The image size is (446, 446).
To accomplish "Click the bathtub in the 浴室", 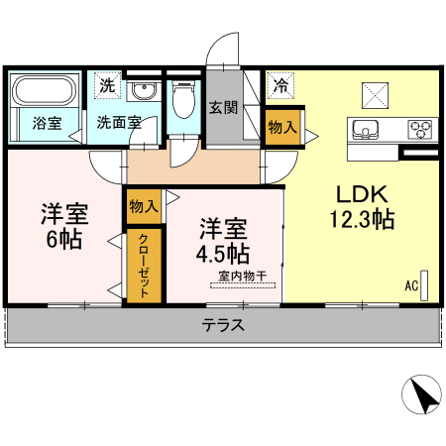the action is [46, 90].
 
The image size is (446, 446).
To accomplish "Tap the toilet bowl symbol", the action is [183, 99].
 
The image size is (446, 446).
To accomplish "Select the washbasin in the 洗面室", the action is [144, 90].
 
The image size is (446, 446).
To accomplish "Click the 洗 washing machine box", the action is [107, 85].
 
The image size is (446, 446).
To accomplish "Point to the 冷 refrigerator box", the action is [280, 85].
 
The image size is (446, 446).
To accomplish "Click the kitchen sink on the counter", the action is [365, 129].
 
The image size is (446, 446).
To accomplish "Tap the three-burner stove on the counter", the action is [420, 129].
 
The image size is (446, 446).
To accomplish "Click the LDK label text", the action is [362, 194].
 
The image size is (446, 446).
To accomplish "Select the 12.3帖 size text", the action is [363, 219].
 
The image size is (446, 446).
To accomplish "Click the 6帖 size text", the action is [64, 239].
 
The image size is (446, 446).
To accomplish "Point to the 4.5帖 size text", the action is [223, 254].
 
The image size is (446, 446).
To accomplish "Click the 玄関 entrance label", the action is [223, 108].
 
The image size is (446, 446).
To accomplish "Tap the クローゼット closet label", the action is [144, 266].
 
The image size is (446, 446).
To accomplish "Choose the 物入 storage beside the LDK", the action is [282, 127].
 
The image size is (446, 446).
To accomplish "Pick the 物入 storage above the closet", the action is [144, 206].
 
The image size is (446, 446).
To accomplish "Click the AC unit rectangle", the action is [424, 285].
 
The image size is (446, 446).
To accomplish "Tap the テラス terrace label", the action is [223, 325].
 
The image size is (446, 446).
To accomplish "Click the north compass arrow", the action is [426, 396].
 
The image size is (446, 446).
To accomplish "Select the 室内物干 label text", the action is [243, 276].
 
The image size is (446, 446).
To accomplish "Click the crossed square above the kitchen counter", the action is [375, 95].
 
